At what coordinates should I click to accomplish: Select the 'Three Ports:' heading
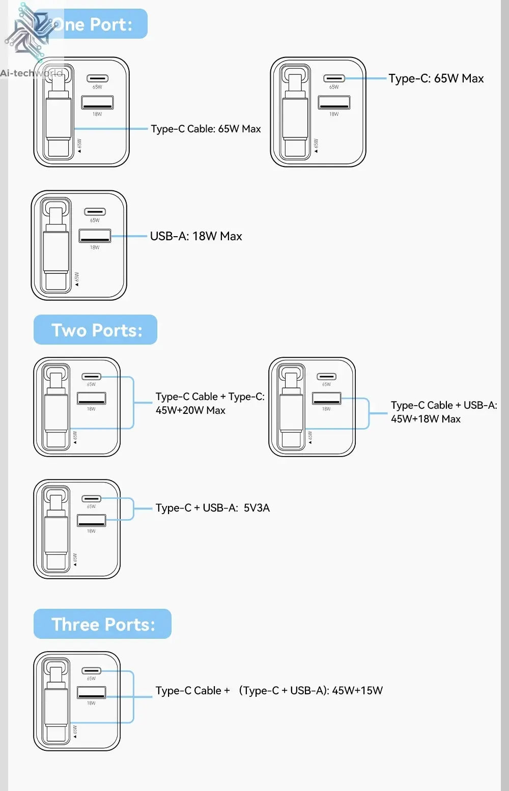pos(103,625)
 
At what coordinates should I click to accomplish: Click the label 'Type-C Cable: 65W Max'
pos(206,129)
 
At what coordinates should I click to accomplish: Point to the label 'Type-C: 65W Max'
pos(436,78)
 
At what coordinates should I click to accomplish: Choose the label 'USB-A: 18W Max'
pos(196,236)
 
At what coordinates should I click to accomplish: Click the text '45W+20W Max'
pos(190,410)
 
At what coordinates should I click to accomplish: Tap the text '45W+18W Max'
pos(426,419)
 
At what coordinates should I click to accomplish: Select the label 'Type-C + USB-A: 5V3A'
pos(213,508)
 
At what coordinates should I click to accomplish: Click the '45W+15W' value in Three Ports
pos(357,691)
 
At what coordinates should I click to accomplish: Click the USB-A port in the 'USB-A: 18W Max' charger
pos(95,236)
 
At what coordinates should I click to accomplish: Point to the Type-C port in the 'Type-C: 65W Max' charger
pos(334,78)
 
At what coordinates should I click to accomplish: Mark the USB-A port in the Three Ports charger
pos(92,692)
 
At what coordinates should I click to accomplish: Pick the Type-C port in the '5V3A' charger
pos(92,498)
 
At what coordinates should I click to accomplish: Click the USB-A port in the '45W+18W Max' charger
pos(327,398)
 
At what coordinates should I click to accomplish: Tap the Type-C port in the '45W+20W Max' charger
pos(92,377)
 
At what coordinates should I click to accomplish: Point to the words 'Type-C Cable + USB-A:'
pos(444,405)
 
